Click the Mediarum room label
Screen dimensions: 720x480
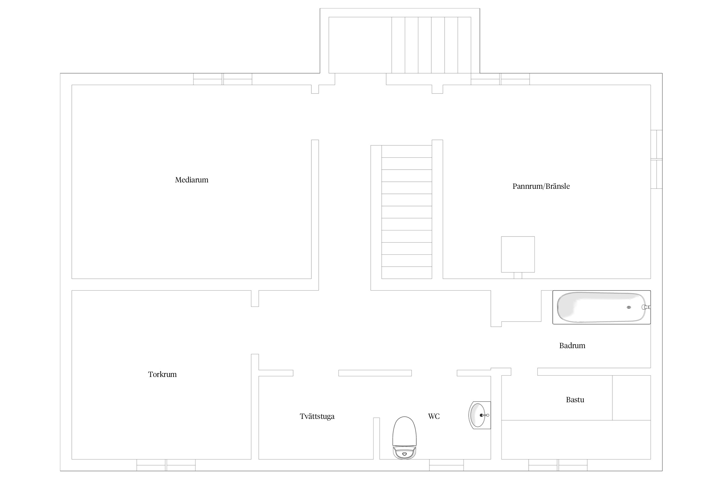191,180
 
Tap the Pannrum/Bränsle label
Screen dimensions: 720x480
541,186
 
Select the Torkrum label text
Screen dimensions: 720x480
162,374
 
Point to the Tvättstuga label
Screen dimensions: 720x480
317,416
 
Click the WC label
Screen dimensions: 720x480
434,416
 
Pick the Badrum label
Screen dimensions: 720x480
572,346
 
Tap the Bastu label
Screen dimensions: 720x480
575,400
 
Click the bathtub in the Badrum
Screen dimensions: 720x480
602,307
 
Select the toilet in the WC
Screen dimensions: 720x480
405,437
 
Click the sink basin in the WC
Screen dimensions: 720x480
479,415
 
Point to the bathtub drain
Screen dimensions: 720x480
629,308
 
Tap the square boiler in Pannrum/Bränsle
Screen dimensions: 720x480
518,254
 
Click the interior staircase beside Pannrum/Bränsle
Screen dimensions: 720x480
407,212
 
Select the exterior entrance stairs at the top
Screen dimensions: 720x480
431,45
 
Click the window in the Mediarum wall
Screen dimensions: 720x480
223,79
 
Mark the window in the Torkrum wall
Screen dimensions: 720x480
166,465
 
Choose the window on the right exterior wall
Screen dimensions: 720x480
657,159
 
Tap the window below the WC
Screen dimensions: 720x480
446,465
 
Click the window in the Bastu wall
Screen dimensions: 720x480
558,465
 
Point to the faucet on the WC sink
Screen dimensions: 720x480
484,415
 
